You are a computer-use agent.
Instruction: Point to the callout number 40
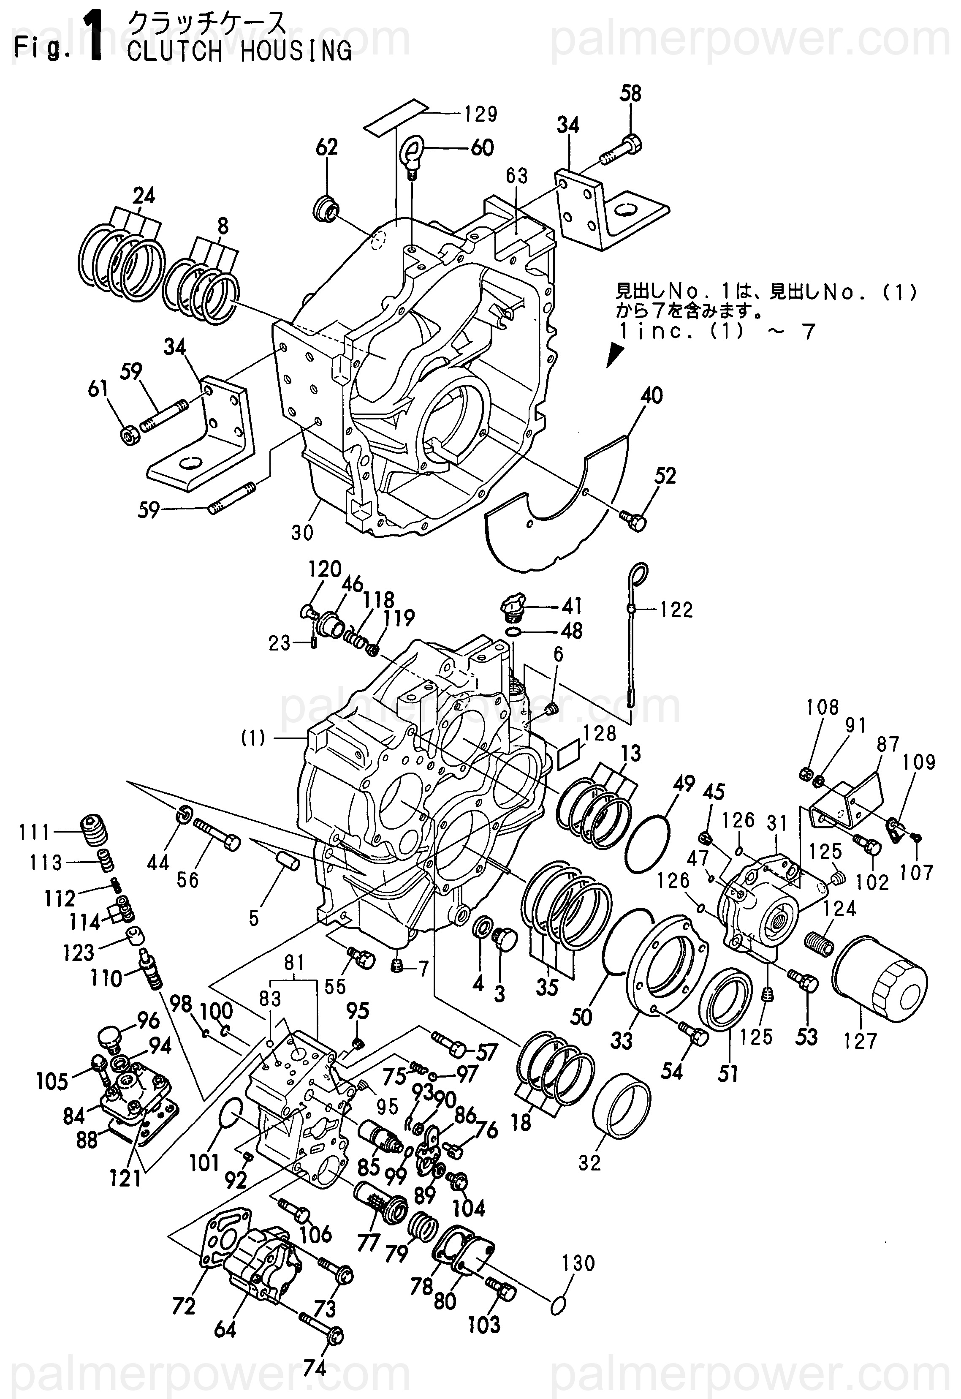point(652,396)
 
